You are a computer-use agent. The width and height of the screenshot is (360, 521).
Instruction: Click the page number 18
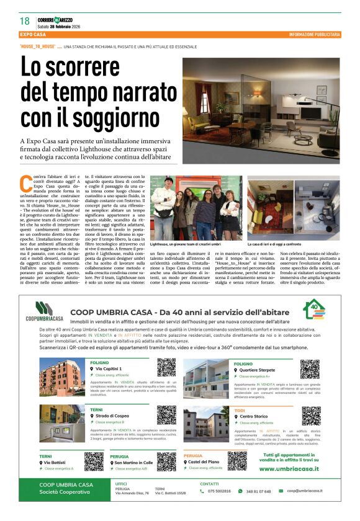24,21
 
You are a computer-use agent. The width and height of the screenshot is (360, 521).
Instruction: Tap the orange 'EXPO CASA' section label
34,35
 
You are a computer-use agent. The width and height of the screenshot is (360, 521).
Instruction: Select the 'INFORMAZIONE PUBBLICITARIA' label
315,35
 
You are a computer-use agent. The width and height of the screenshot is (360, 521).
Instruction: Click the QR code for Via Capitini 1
166,368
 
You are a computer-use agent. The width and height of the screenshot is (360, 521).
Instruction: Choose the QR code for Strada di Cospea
166,415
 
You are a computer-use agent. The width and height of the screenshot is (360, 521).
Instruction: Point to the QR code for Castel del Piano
236,460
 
